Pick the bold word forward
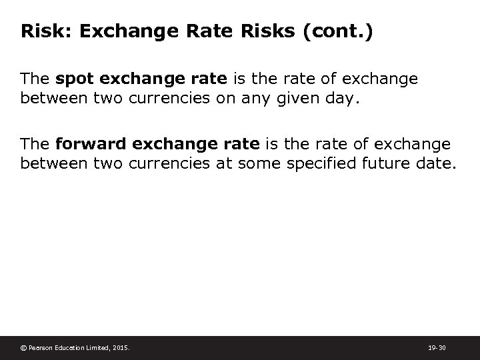(89, 144)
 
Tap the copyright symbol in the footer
(24, 347)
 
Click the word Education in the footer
(70, 347)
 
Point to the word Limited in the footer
(99, 347)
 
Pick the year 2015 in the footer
(122, 347)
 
